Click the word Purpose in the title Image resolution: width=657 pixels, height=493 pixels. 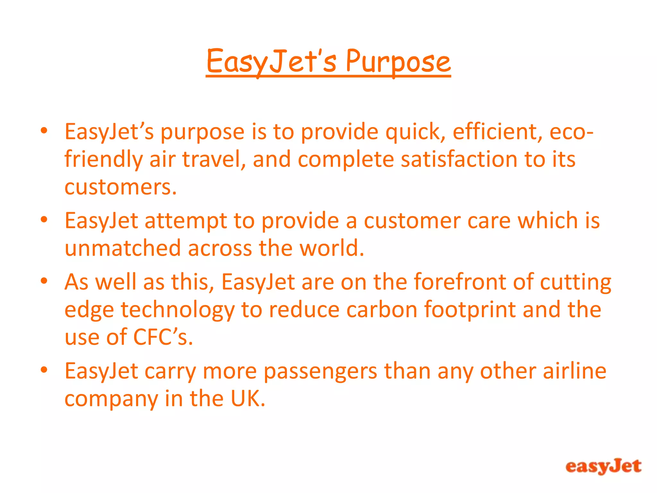coord(398,62)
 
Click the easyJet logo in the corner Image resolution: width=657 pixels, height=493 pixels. coord(603,466)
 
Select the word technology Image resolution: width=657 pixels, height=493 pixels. coord(177,310)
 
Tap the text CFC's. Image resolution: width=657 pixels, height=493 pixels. coord(163,337)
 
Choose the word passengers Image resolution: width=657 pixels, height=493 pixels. coord(320,372)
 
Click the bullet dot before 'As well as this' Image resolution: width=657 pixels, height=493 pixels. coord(44,281)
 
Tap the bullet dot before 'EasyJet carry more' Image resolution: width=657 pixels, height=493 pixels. coord(44,370)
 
